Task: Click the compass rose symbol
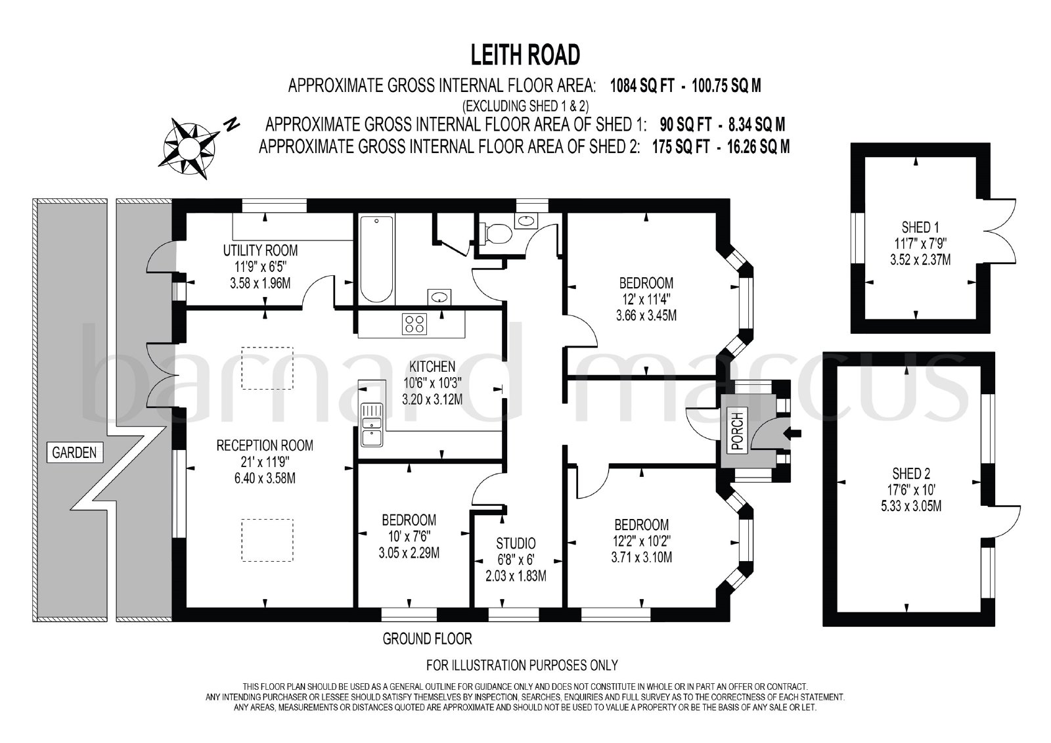click(x=190, y=148)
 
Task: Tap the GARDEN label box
click(x=75, y=453)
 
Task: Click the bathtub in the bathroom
click(x=377, y=259)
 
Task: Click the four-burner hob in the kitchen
click(x=414, y=324)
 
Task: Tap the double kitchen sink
click(x=372, y=425)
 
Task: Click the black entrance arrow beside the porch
click(x=792, y=433)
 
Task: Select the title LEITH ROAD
click(x=525, y=55)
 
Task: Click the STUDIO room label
click(x=516, y=543)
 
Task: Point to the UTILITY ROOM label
click(x=260, y=250)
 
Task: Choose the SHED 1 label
click(x=920, y=228)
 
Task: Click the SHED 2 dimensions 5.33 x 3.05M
click(x=911, y=506)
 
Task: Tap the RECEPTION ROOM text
click(x=265, y=445)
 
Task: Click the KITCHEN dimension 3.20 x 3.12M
click(x=432, y=399)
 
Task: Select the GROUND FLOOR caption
click(x=428, y=639)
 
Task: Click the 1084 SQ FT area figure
click(x=642, y=86)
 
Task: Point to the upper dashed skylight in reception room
click(x=267, y=368)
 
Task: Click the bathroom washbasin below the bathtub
click(x=439, y=297)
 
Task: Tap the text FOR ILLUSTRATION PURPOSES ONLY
click(x=522, y=665)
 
